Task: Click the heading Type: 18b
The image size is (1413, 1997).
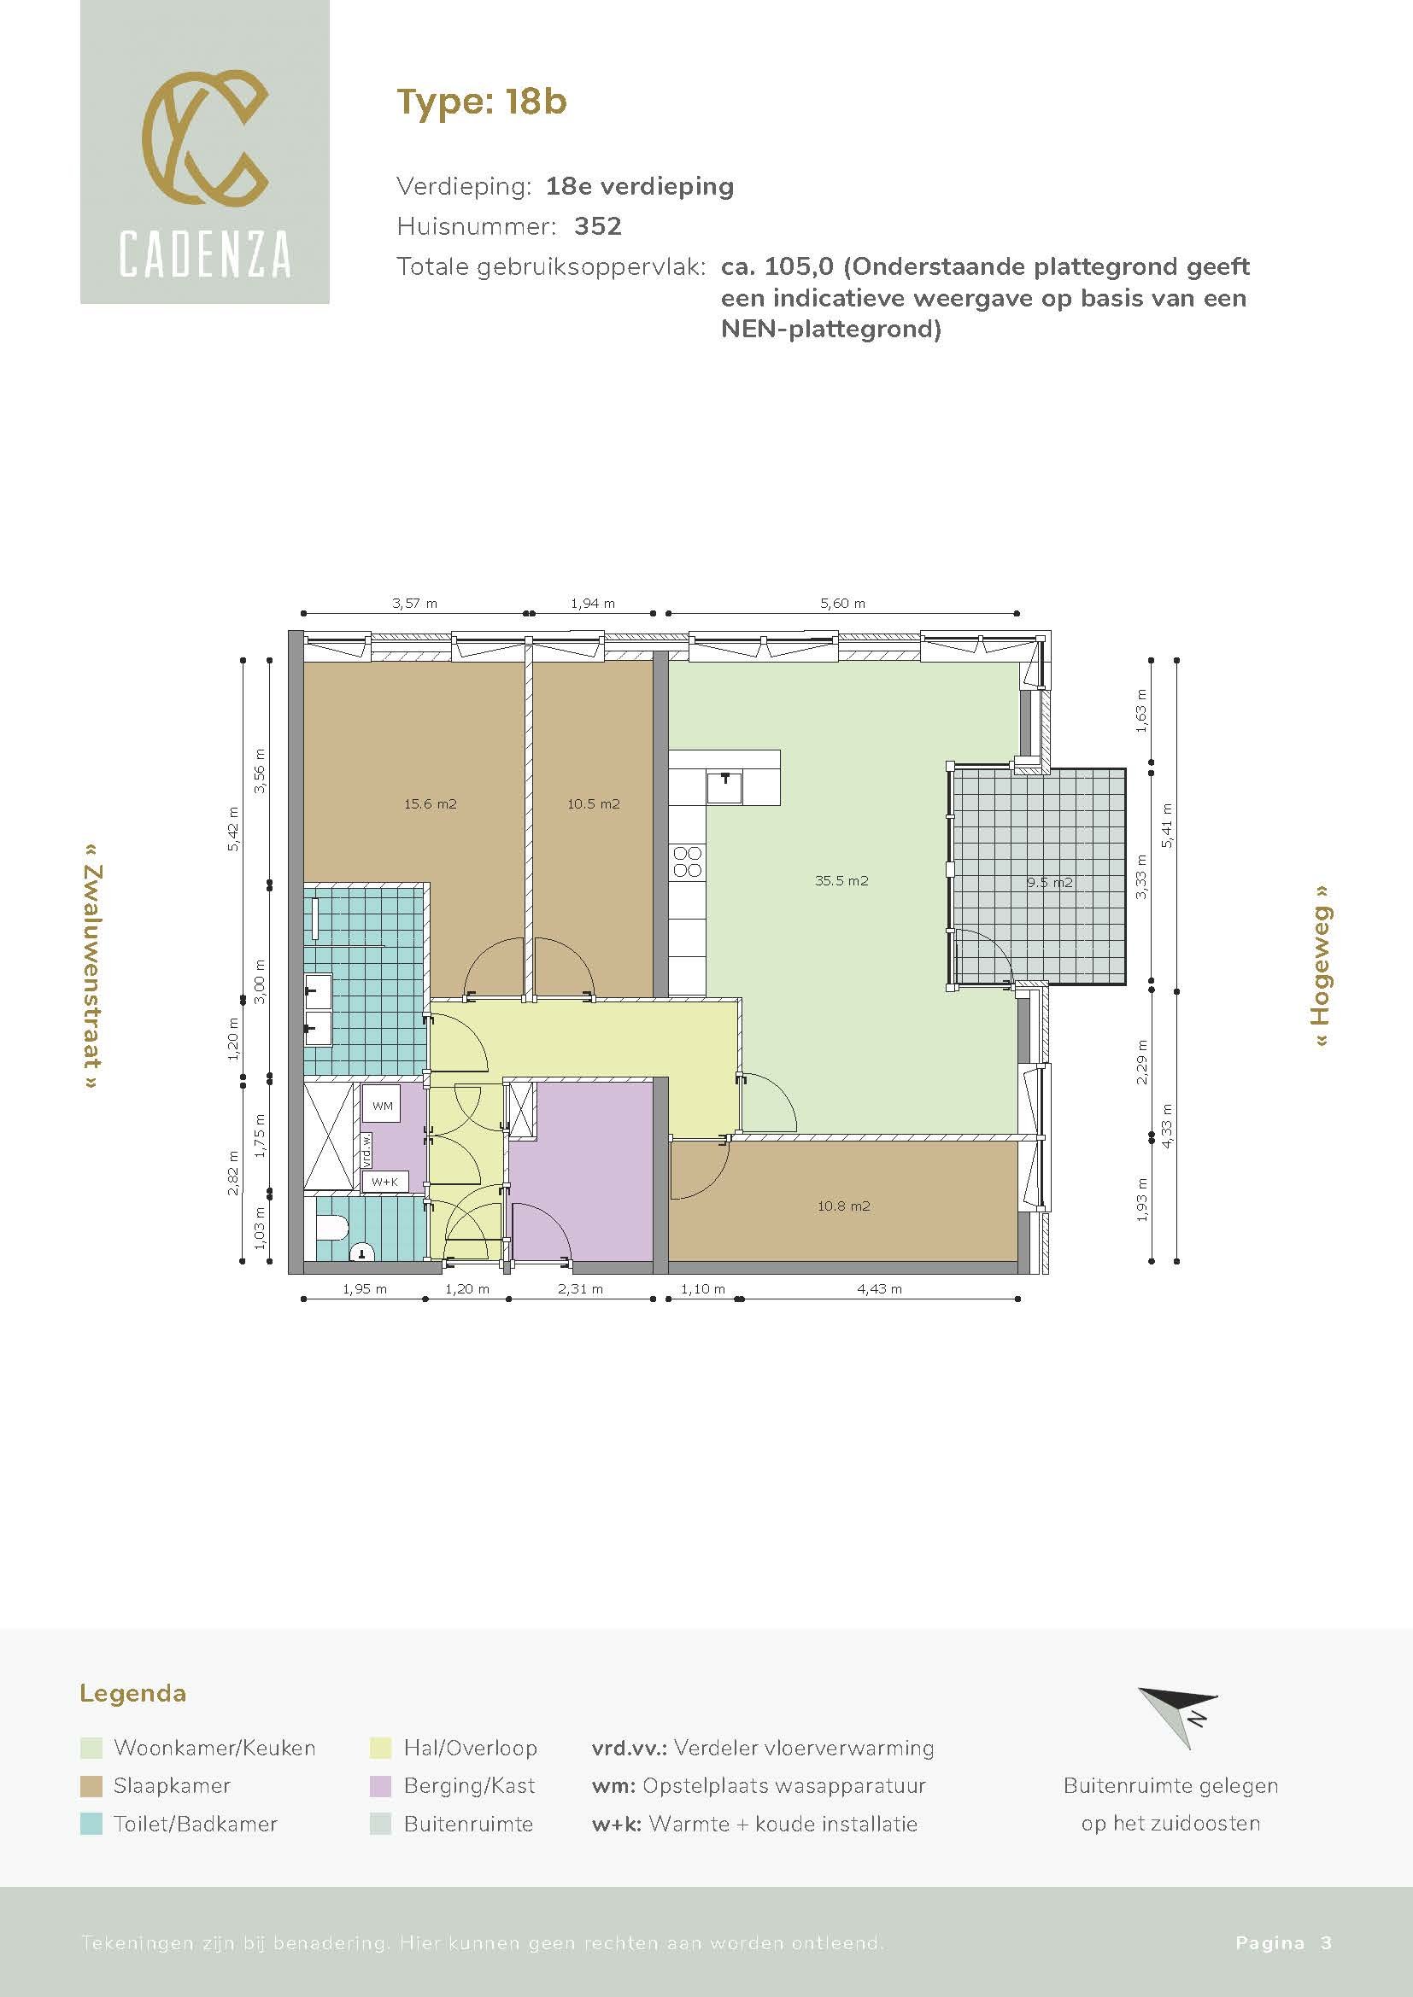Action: [x=481, y=102]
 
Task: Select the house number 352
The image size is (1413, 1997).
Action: [x=598, y=226]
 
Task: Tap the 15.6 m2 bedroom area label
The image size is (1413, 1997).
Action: [x=430, y=803]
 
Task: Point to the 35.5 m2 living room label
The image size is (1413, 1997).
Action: [x=841, y=880]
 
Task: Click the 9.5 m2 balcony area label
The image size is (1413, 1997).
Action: [x=1048, y=882]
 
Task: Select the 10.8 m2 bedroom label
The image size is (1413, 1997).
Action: [x=843, y=1206]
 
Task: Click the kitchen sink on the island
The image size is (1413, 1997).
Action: [x=724, y=787]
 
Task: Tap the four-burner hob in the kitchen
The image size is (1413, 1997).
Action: [x=688, y=861]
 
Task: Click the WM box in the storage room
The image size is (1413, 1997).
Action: [x=382, y=1107]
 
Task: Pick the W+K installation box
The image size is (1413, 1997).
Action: [x=384, y=1182]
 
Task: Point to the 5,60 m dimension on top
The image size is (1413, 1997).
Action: [x=842, y=603]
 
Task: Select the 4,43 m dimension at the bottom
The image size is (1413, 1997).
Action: [x=879, y=1289]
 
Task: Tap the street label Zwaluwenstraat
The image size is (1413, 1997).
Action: [x=92, y=966]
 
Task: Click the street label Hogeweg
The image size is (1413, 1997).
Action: [x=1322, y=966]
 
